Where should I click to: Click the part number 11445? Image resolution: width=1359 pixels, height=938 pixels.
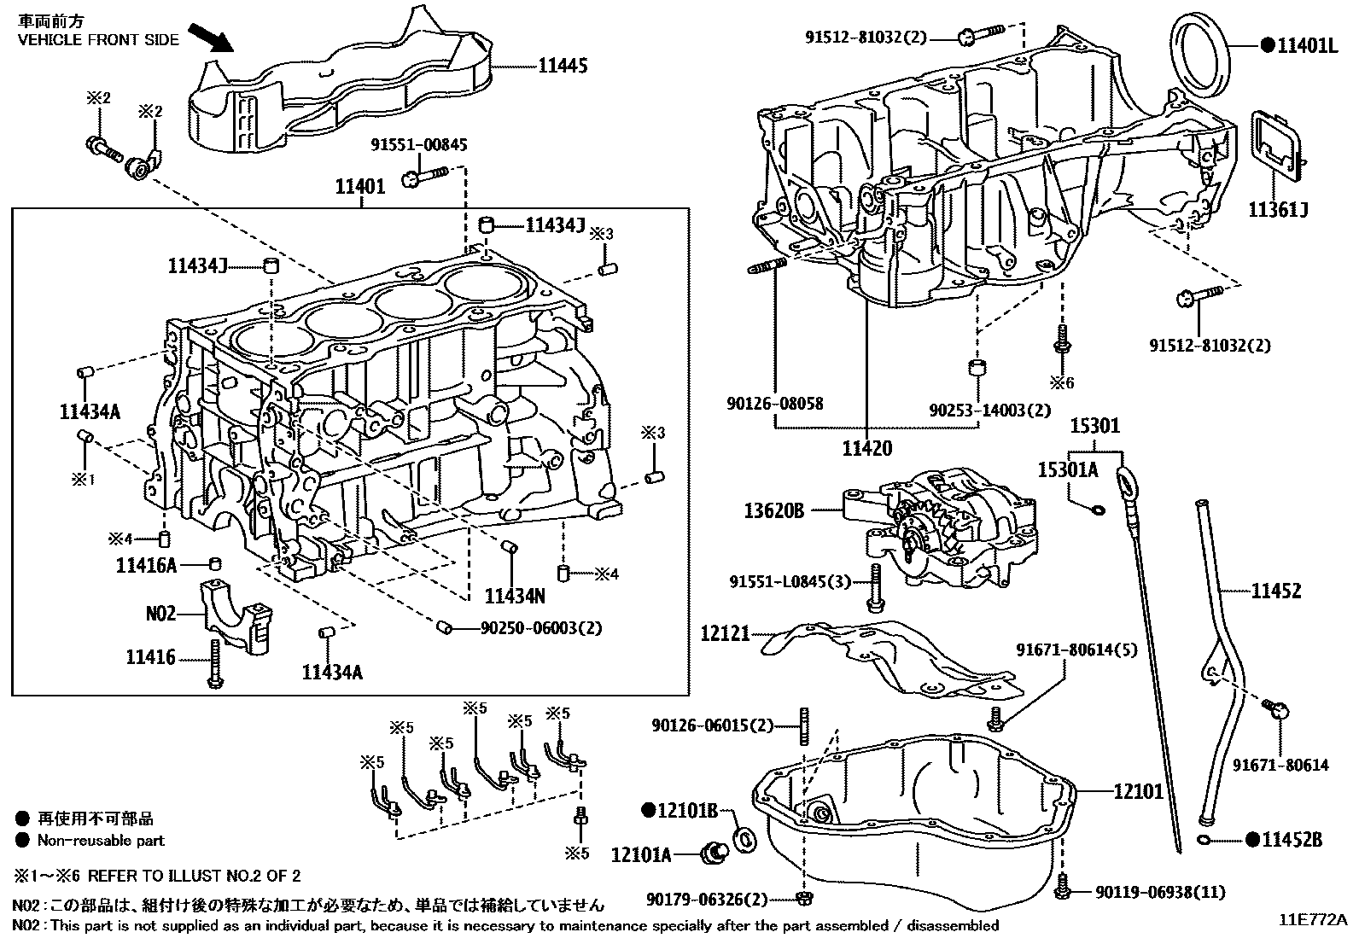tap(563, 65)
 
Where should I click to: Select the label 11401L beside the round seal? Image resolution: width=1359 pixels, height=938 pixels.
tap(1307, 45)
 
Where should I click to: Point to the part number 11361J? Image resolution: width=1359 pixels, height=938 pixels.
tap(1279, 210)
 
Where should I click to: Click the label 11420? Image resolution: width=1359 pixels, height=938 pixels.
tap(866, 448)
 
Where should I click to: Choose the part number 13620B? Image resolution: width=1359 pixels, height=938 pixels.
tap(774, 510)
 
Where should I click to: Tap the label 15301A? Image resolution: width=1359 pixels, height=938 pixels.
tap(1068, 470)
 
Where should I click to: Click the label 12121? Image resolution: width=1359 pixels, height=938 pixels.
tap(725, 633)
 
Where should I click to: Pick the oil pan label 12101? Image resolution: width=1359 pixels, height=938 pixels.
tap(1138, 791)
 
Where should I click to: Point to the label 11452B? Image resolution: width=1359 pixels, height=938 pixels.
tap(1292, 840)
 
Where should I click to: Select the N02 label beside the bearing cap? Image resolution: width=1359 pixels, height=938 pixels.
tap(160, 613)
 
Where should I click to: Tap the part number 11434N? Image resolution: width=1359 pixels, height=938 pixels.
tap(515, 596)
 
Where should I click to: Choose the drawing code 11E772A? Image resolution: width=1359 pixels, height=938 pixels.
tap(1312, 920)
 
